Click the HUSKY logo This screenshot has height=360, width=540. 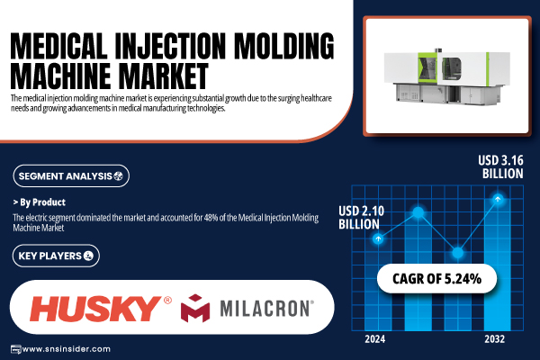click(101, 309)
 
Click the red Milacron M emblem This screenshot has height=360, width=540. click(195, 308)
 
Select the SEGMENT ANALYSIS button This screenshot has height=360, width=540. click(71, 176)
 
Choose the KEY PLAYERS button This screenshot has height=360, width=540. click(56, 256)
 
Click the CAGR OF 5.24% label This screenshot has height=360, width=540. click(436, 279)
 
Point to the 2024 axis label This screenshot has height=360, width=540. click(375, 339)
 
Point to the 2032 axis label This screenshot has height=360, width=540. click(494, 339)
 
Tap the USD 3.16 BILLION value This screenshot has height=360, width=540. click(500, 166)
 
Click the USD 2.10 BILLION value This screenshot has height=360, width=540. click(361, 218)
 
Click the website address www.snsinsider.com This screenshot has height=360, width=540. click(66, 349)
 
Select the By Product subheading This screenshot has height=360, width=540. click(40, 202)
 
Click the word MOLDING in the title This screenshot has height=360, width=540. click(284, 46)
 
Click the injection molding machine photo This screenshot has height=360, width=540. click(447, 75)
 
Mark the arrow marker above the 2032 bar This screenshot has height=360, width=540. click(498, 199)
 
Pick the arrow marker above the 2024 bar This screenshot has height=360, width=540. click(378, 238)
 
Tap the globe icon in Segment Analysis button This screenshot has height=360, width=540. click(118, 176)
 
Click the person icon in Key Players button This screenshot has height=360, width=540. click(88, 256)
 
